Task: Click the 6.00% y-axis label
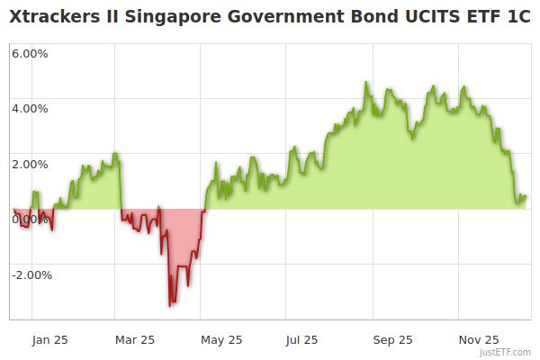click(30, 53)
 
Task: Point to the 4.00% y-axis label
click(30, 109)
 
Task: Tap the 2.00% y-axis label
click(30, 165)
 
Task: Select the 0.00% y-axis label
click(30, 220)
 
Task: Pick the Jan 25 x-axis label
click(49, 340)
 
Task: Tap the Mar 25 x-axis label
click(136, 340)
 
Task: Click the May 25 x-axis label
click(222, 340)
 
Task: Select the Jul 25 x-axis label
click(301, 340)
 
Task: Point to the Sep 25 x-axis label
click(392, 340)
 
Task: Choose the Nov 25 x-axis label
click(478, 340)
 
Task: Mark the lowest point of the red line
click(170, 306)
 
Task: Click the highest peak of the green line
click(366, 83)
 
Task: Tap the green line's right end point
click(526, 196)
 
